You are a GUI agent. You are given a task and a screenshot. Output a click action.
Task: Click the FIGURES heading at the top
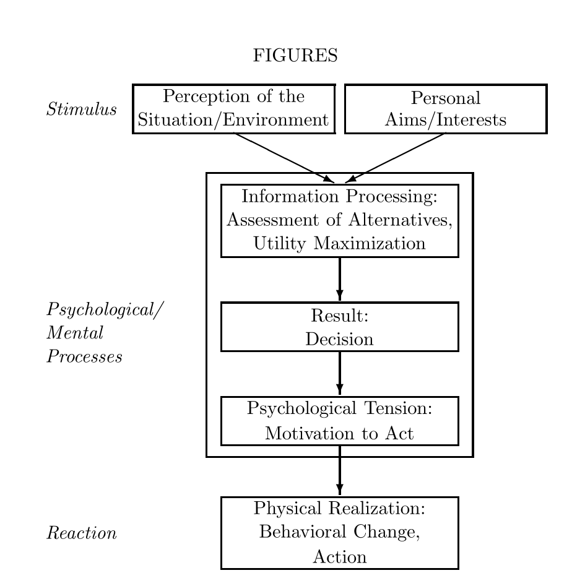(x=295, y=56)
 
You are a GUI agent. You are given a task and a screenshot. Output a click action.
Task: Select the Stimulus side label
(x=82, y=110)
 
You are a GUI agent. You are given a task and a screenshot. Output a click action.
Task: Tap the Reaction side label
(x=82, y=533)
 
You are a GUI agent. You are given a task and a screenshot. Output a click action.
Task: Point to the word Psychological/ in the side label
(x=106, y=309)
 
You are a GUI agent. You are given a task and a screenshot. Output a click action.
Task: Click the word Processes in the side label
(x=84, y=358)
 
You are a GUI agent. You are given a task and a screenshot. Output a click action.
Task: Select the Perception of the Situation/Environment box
(x=233, y=109)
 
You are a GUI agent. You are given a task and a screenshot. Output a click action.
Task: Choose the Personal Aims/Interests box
(x=445, y=109)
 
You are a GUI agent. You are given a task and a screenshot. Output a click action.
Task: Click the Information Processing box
(x=339, y=220)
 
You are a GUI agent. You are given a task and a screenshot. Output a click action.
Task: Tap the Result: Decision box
(x=339, y=327)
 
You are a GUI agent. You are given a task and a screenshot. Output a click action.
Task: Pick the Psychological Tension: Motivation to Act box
(x=339, y=421)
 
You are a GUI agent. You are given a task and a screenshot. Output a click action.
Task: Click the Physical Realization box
(x=339, y=532)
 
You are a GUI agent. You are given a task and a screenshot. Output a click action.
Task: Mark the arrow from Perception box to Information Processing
(x=282, y=157)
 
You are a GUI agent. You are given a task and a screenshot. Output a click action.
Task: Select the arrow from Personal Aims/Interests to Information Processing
(x=396, y=157)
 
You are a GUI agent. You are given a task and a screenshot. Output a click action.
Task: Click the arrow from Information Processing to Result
(x=340, y=278)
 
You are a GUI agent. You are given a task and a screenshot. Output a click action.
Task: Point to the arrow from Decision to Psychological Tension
(x=340, y=373)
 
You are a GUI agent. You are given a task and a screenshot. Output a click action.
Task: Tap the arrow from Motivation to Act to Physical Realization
(x=340, y=470)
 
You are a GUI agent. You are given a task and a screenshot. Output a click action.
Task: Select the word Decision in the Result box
(x=339, y=339)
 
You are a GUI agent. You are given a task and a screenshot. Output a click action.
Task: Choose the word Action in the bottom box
(x=339, y=557)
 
